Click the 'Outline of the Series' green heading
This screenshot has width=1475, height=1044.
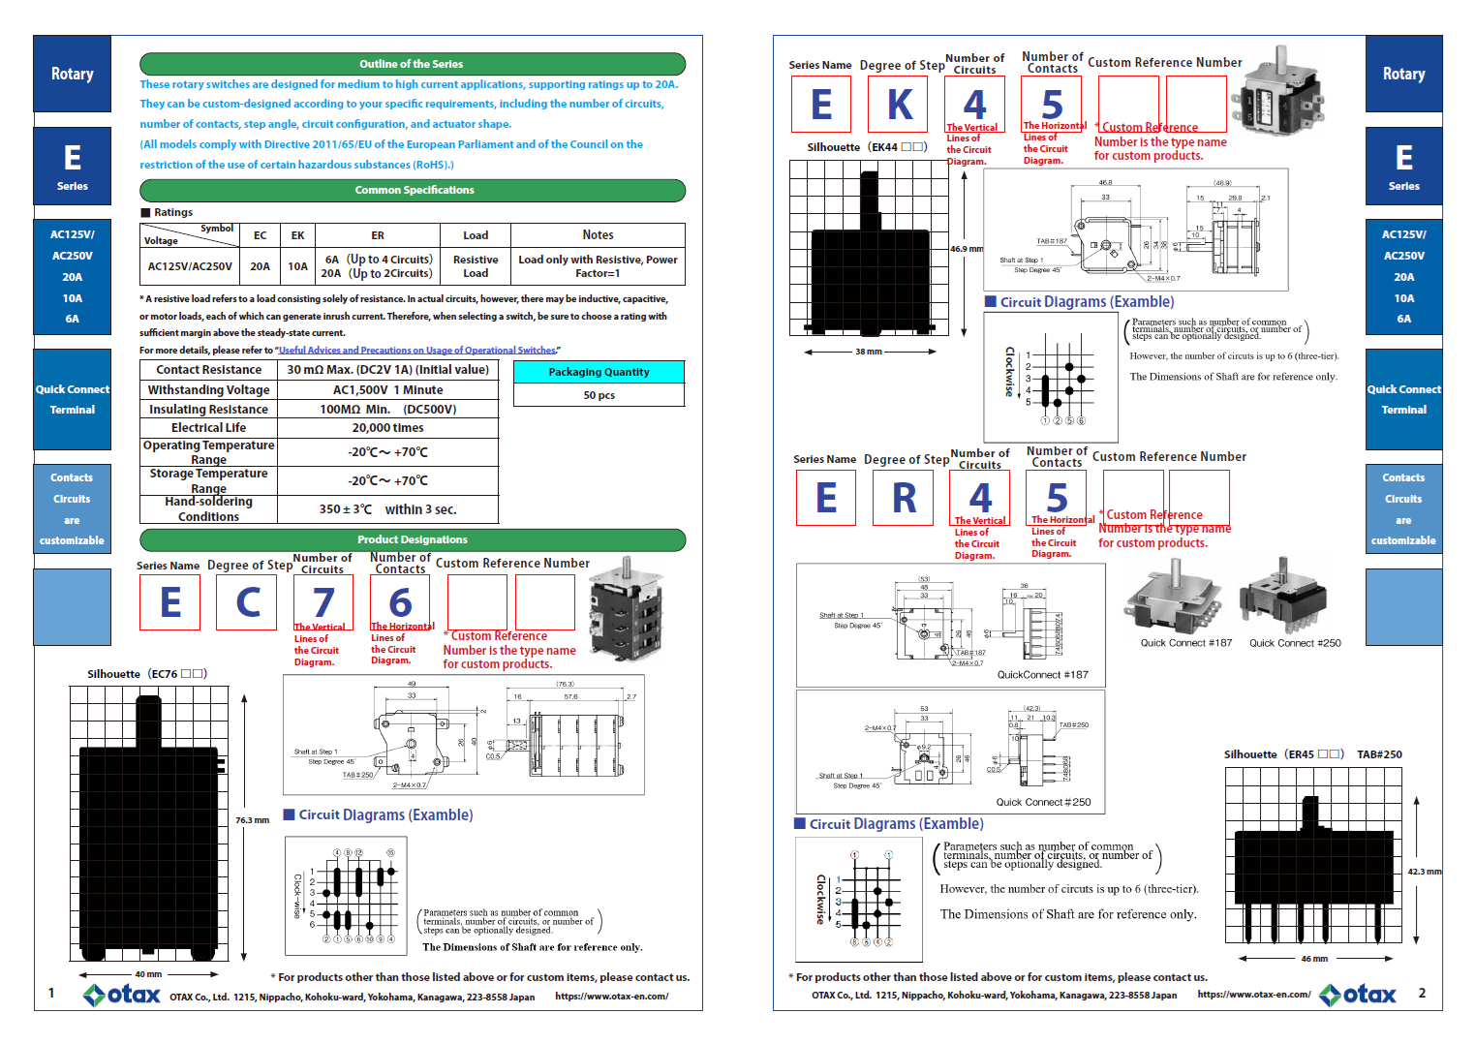tap(412, 64)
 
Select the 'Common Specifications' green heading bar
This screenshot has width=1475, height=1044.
tap(414, 190)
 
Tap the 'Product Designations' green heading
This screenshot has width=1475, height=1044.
tap(412, 539)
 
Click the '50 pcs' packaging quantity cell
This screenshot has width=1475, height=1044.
tap(599, 395)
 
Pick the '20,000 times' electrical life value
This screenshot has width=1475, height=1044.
tap(387, 427)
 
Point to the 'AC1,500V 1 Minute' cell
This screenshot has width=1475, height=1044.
tap(387, 389)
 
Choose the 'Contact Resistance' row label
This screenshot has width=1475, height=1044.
tap(208, 369)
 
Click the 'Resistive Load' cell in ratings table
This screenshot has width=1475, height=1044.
tap(476, 266)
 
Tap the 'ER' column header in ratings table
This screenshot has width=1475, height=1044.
tap(378, 235)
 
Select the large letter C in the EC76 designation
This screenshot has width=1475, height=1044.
tap(248, 602)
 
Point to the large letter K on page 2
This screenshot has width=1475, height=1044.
tap(900, 105)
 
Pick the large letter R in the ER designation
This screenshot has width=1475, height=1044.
tap(904, 499)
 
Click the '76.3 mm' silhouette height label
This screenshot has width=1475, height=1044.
tap(252, 820)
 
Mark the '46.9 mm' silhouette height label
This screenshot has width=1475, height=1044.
tap(966, 249)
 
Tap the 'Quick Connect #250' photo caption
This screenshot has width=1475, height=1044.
tap(1295, 643)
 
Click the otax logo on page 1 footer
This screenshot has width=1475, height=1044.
tap(122, 995)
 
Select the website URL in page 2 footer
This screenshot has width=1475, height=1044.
tap(1253, 994)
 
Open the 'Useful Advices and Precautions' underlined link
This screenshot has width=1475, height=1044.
tap(417, 350)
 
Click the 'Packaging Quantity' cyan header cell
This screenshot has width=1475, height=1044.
tap(599, 372)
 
